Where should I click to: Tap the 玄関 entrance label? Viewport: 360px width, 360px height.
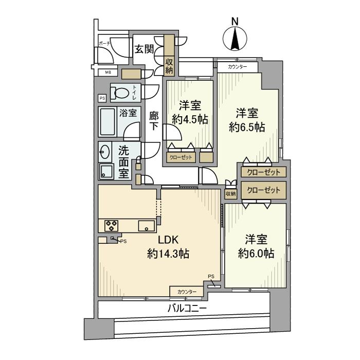click(x=144, y=49)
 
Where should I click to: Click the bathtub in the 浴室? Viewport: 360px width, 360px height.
click(x=109, y=121)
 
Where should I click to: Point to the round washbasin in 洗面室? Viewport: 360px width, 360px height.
click(x=104, y=152)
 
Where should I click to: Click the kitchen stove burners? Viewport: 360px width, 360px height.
click(x=112, y=224)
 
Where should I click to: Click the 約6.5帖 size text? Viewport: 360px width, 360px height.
click(x=247, y=127)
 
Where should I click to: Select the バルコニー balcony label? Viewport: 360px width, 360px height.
click(x=187, y=309)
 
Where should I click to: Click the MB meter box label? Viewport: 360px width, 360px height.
click(x=108, y=73)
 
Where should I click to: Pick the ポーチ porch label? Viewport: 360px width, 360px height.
click(x=104, y=44)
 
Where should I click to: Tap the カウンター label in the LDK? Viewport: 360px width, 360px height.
click(x=187, y=292)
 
